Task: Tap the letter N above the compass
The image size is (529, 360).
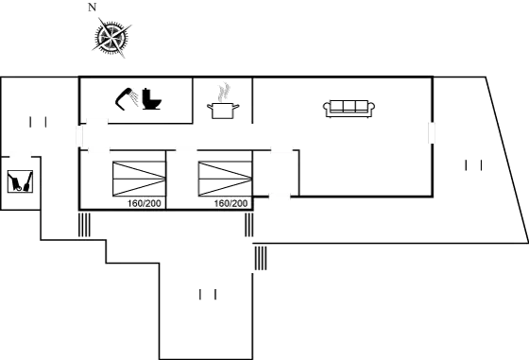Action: coord(92,8)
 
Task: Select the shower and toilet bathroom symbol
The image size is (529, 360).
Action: coord(139,98)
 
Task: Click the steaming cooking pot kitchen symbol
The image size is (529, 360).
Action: coord(225,101)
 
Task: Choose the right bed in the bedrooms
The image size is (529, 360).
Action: coord(224,179)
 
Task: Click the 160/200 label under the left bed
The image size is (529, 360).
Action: coord(145,202)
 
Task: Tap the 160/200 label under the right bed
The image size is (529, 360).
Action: coord(231,202)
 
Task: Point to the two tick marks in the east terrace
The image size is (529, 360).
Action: coord(474,166)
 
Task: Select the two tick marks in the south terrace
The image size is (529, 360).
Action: coord(209,296)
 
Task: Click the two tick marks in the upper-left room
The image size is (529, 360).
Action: coord(39,121)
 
